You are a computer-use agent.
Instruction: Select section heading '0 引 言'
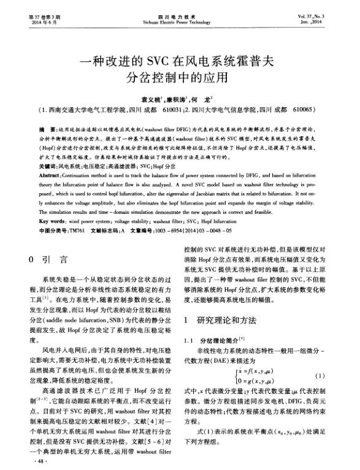(49, 259)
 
